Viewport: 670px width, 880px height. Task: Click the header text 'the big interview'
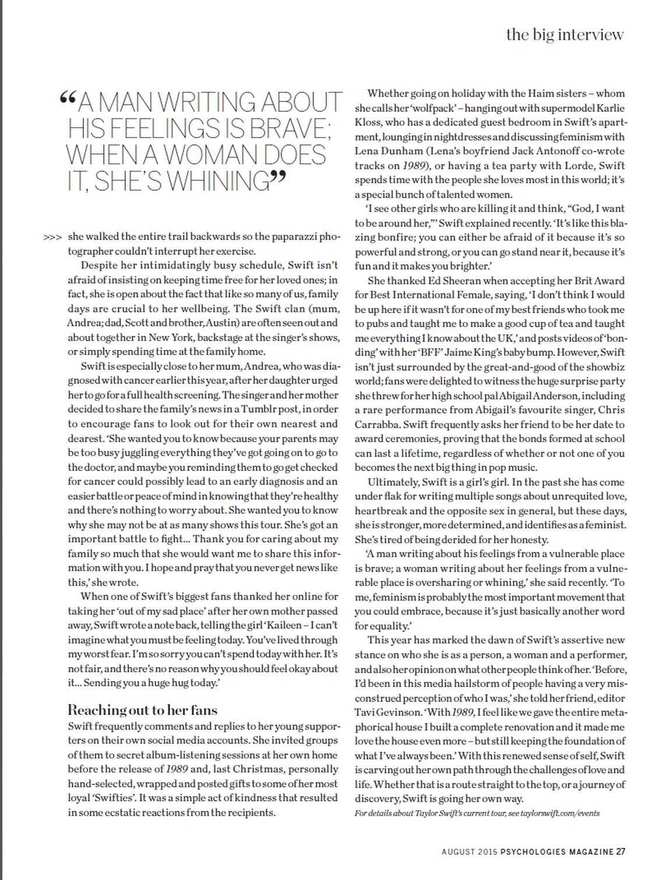(x=565, y=34)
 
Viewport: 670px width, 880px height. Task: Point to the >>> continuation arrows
(x=52, y=237)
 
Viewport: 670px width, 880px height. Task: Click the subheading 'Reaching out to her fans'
(x=142, y=710)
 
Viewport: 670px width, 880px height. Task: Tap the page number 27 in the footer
(x=620, y=851)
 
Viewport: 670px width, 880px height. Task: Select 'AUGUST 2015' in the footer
(x=469, y=851)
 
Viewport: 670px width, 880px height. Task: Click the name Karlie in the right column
(x=609, y=108)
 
